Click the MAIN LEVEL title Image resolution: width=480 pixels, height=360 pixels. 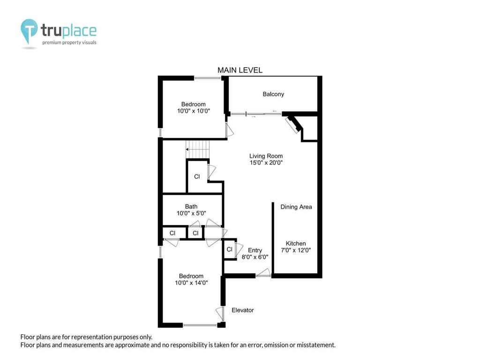click(x=240, y=70)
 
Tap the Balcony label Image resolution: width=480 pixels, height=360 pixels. click(x=273, y=94)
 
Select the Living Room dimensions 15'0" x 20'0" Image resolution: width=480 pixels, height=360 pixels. click(x=266, y=163)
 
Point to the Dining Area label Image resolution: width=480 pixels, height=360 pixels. click(x=296, y=207)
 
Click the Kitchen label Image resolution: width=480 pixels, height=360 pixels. click(x=296, y=243)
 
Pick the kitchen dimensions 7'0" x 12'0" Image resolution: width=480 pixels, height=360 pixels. click(x=296, y=250)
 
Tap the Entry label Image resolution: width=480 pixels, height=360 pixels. click(x=255, y=250)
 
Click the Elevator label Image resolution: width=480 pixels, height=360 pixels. click(x=243, y=310)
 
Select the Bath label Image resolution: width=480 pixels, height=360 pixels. click(x=191, y=207)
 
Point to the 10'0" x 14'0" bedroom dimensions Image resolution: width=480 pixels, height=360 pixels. click(x=191, y=283)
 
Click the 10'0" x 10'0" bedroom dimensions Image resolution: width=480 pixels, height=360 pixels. click(x=194, y=111)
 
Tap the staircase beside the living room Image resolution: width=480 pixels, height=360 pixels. click(x=198, y=150)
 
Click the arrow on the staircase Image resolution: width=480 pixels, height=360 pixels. click(x=197, y=150)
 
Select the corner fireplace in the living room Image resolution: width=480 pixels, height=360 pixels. click(x=293, y=125)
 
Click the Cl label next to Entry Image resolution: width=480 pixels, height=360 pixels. click(x=229, y=249)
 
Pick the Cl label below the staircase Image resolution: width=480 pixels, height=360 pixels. click(x=197, y=177)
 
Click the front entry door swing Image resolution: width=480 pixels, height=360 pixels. click(x=263, y=273)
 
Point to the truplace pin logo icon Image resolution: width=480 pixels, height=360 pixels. click(x=29, y=30)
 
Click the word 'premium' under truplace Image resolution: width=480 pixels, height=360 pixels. click(x=52, y=43)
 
